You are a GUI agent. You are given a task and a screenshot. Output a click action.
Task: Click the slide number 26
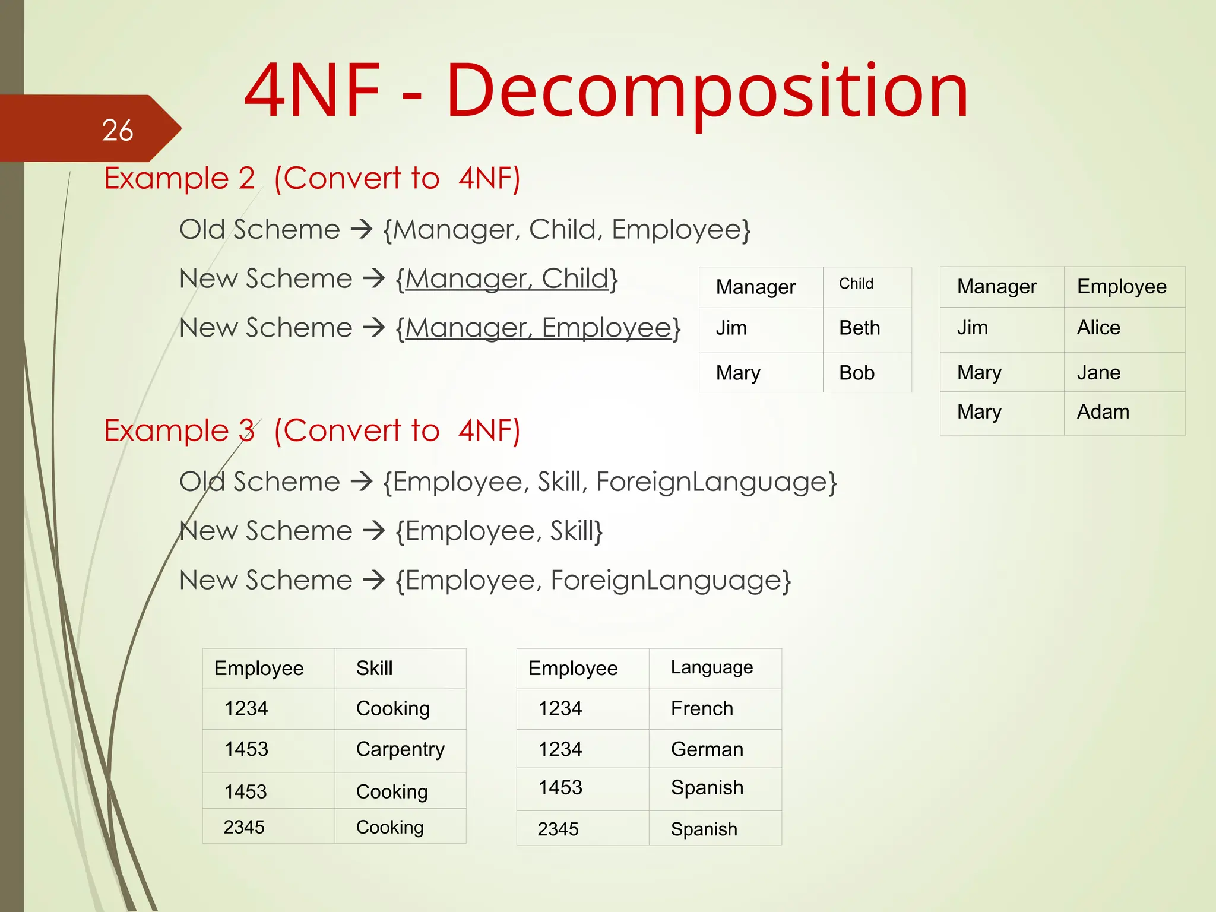[x=117, y=130]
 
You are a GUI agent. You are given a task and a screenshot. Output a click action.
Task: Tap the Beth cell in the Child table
[x=859, y=328]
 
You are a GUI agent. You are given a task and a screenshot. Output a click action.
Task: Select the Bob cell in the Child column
[x=856, y=373]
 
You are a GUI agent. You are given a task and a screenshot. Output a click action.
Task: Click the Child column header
[x=856, y=284]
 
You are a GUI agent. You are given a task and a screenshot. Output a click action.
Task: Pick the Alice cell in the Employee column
[x=1098, y=328]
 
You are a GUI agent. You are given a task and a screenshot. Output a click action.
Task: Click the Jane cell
[x=1098, y=373]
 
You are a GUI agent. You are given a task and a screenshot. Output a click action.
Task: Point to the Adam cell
[x=1103, y=412]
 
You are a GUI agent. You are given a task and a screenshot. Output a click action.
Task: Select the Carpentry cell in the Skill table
[x=400, y=749]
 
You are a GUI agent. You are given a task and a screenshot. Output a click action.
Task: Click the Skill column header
[x=374, y=669]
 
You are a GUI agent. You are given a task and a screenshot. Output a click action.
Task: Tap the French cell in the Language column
[x=702, y=708]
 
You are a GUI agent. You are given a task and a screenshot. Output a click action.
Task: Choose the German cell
[x=707, y=749]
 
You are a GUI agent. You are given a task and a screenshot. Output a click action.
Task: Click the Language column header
[x=711, y=667]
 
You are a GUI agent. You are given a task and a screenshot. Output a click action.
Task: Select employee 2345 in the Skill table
[x=244, y=827]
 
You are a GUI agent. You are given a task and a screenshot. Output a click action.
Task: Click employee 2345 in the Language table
[x=558, y=829]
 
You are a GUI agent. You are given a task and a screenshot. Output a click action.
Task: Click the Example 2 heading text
[x=179, y=178]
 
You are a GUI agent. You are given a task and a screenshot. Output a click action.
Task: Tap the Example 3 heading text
[x=179, y=430]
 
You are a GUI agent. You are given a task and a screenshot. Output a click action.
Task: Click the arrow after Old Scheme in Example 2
[x=361, y=229]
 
